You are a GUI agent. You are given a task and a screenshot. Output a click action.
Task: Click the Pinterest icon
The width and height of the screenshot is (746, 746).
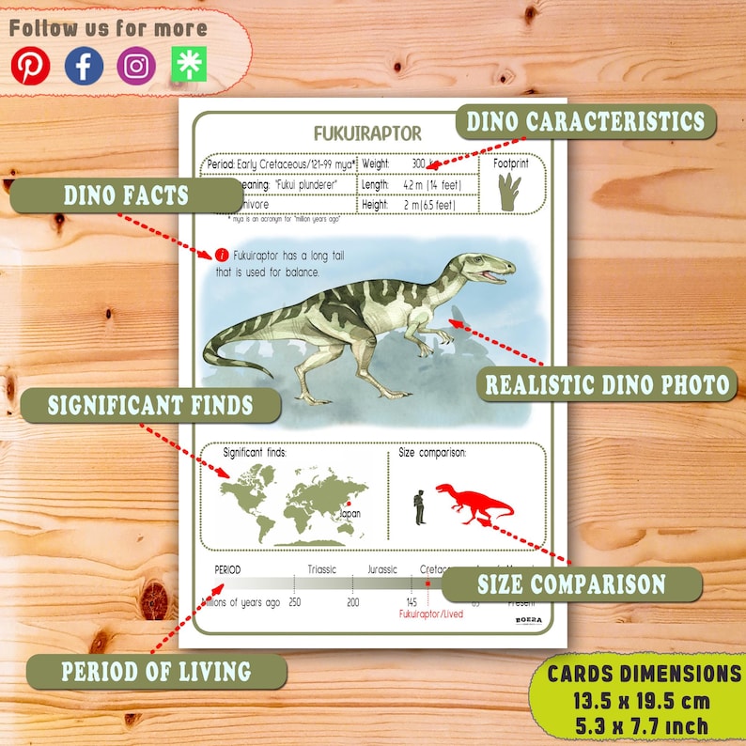click(x=30, y=66)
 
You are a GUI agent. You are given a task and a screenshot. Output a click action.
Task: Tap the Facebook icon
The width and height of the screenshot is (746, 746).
click(x=84, y=66)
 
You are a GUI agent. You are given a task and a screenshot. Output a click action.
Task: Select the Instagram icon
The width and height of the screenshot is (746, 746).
click(x=136, y=66)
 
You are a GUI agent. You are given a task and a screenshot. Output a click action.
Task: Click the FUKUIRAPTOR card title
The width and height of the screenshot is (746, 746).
click(x=367, y=133)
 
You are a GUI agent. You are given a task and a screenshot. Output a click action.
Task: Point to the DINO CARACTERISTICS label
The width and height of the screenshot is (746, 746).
click(x=584, y=121)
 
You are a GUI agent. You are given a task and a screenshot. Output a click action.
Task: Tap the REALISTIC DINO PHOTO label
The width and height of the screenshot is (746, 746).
click(x=606, y=383)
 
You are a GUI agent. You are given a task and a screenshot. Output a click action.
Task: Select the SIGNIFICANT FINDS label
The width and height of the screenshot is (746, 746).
click(x=150, y=406)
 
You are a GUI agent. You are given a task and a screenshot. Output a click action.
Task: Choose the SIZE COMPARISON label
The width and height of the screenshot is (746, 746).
click(x=571, y=583)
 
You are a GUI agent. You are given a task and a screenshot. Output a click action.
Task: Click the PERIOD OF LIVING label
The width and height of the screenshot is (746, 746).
click(x=156, y=672)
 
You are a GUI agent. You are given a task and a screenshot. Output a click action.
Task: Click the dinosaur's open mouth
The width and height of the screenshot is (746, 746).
click(x=494, y=274)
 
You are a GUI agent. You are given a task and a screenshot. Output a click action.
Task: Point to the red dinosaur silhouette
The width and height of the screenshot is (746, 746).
click(x=474, y=503)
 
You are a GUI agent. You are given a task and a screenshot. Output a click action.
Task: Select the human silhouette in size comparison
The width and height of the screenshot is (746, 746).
click(x=420, y=506)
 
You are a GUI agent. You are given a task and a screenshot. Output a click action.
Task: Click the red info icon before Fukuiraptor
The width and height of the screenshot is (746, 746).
click(x=222, y=255)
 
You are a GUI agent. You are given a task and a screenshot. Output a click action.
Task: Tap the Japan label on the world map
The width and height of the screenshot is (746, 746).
click(x=350, y=514)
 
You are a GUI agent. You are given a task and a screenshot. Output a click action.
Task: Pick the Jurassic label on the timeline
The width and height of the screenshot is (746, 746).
click(x=381, y=569)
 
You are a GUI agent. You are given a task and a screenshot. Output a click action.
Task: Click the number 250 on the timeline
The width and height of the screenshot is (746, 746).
click(x=294, y=602)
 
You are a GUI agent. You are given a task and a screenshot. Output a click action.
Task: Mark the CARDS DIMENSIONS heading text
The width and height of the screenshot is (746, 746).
click(x=645, y=673)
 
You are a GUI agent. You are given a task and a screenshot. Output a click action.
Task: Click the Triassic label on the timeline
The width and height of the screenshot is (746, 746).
click(x=322, y=569)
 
